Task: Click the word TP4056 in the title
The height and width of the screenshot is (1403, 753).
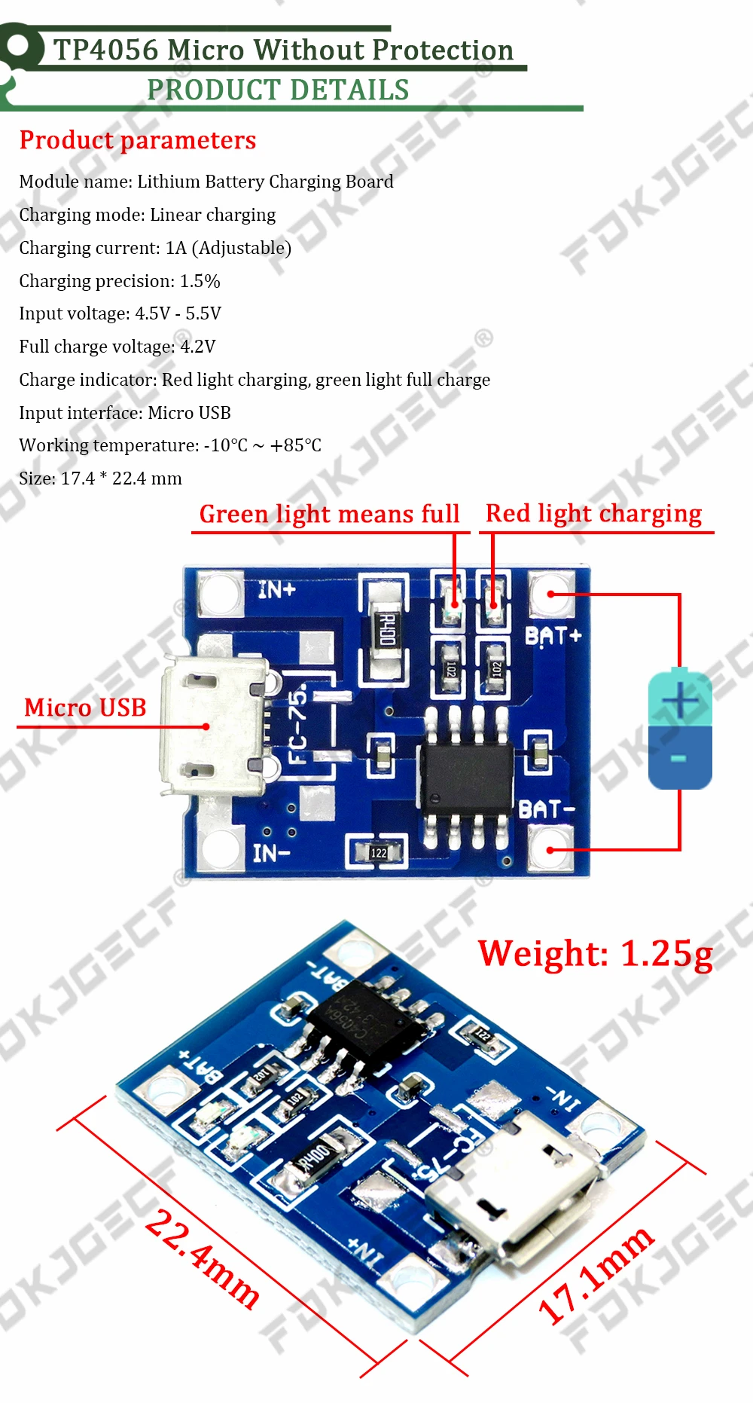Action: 106,50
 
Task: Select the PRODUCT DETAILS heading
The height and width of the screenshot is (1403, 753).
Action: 278,90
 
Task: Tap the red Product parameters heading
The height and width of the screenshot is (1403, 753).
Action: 138,140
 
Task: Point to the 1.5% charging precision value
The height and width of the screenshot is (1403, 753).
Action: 200,281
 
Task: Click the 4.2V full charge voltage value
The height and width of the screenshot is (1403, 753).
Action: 198,347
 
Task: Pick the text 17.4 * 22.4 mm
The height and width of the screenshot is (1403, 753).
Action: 121,478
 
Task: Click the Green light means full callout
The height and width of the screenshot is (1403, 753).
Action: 329,514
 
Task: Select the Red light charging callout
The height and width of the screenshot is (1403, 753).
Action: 593,513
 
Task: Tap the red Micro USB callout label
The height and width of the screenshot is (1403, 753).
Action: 85,708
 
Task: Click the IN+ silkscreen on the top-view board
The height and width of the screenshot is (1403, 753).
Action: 276,589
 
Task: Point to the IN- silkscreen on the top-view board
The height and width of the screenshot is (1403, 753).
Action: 271,853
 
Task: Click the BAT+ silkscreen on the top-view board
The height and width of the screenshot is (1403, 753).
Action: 553,636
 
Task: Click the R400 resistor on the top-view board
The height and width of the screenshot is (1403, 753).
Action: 386,628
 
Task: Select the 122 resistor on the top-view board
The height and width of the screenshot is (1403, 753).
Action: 378,852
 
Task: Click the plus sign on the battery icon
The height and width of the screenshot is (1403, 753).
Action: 680,700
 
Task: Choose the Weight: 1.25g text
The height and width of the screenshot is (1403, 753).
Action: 595,953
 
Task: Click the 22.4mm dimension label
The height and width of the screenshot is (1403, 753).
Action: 202,1258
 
